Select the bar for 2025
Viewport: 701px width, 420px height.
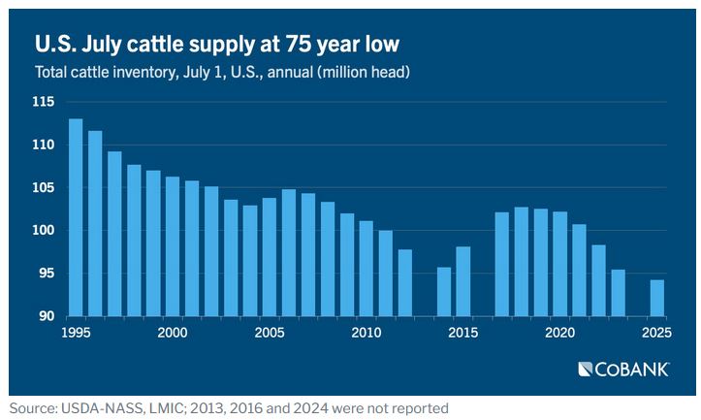coord(656,298)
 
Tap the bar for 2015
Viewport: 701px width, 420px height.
coord(463,281)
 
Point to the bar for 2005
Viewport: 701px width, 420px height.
coord(270,257)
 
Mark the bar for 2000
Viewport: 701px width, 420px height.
coord(173,246)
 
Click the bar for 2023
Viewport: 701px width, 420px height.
coord(618,293)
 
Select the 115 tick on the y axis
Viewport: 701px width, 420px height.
coord(43,102)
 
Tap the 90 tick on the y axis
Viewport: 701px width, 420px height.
coord(47,316)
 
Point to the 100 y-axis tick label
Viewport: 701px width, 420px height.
coord(43,231)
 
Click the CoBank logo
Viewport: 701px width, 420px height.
coord(624,369)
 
